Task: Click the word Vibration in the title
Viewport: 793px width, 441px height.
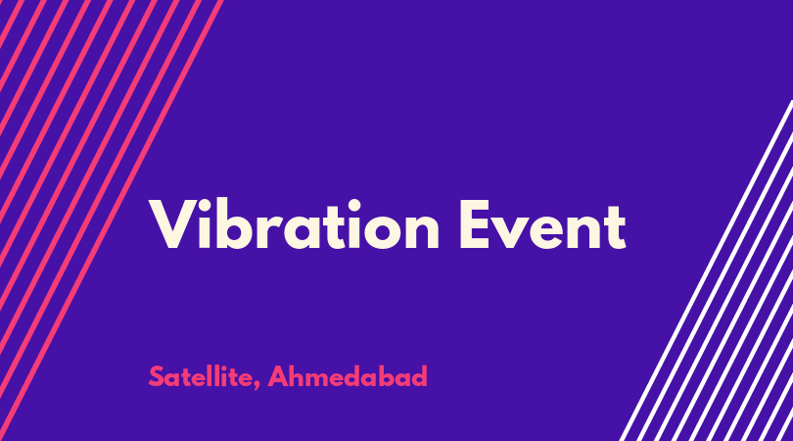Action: click(x=294, y=223)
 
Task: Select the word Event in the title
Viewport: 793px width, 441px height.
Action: click(x=542, y=224)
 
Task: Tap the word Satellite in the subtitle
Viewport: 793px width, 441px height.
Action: click(x=201, y=376)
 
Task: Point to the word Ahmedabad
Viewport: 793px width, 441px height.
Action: click(x=348, y=376)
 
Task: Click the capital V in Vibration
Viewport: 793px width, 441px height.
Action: click(x=172, y=224)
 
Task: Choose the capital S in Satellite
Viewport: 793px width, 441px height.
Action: click(x=156, y=376)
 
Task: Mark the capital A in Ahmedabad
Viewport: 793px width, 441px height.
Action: click(x=278, y=376)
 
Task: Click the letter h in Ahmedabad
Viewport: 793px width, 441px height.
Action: click(x=297, y=375)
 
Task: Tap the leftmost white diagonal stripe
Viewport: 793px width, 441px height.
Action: click(x=706, y=270)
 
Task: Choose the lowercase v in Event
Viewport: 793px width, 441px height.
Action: click(x=514, y=231)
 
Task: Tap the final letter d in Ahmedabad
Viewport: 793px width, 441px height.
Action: click(x=419, y=375)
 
